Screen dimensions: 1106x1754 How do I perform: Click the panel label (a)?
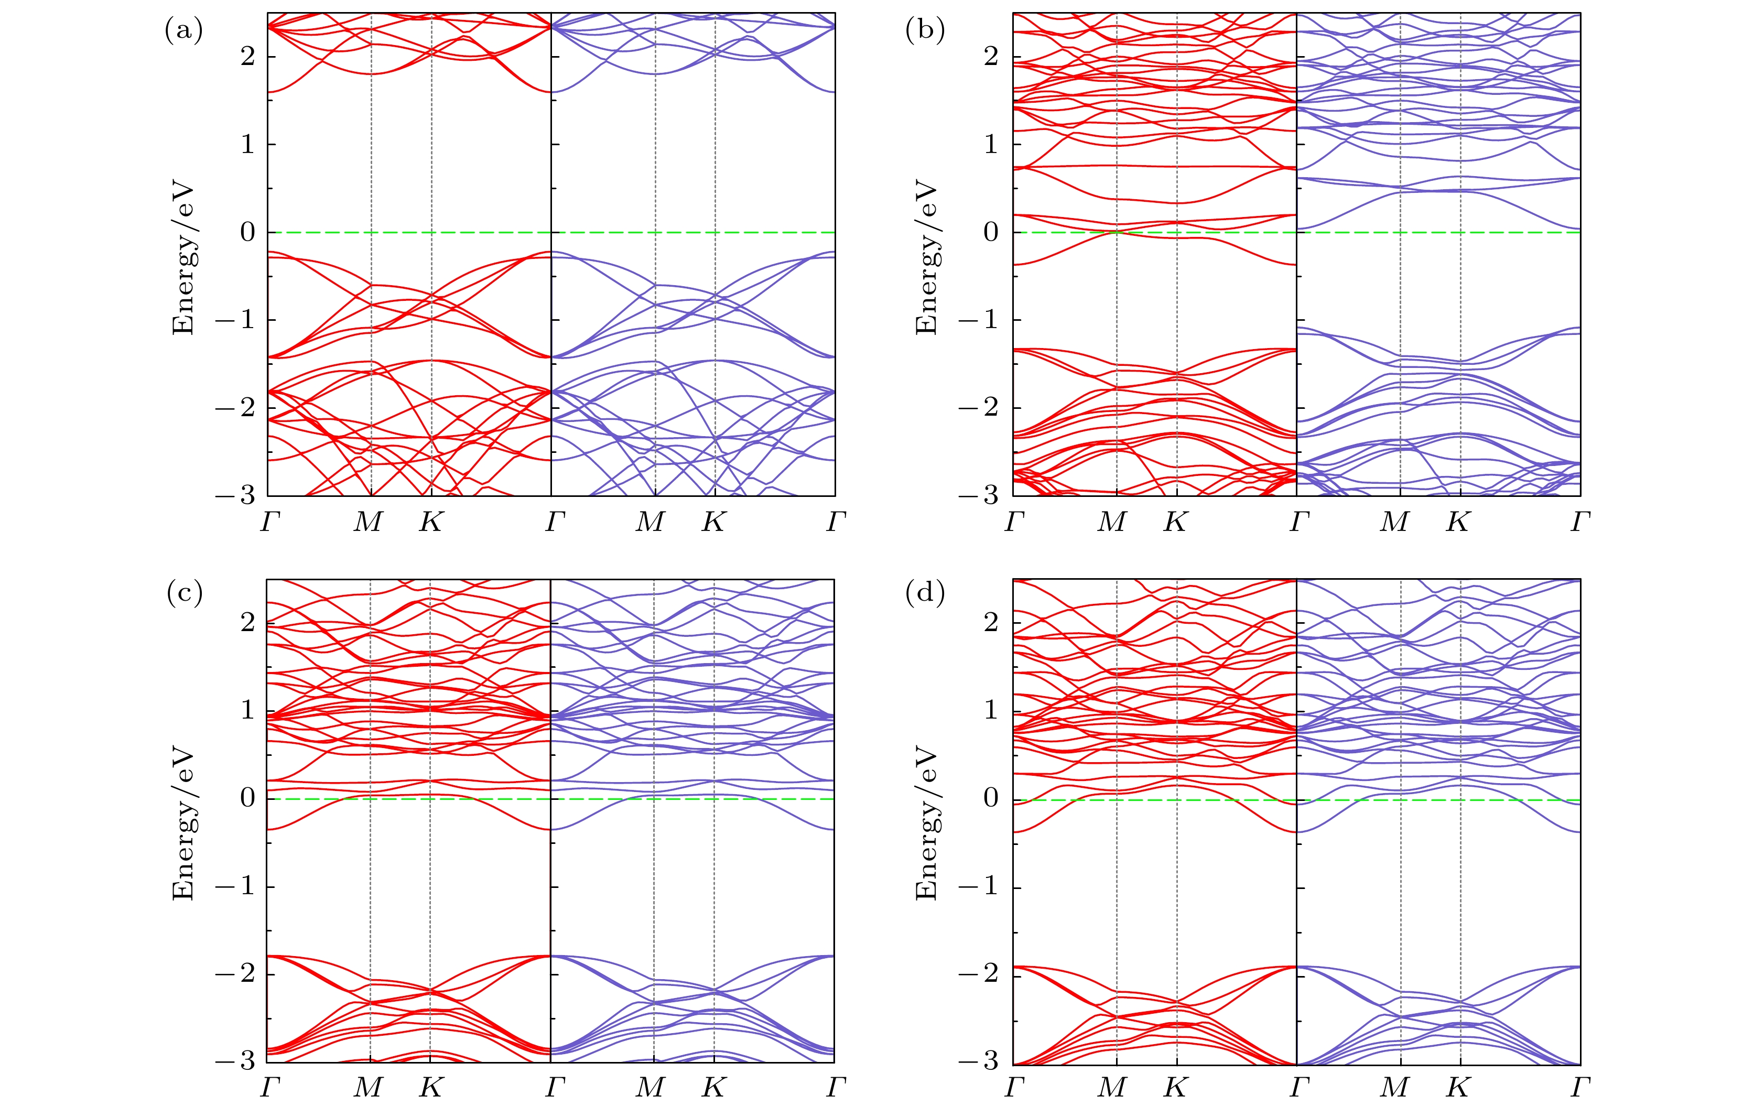[183, 31]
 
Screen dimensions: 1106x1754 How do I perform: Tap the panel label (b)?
[924, 31]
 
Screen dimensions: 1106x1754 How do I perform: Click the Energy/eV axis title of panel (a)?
[183, 258]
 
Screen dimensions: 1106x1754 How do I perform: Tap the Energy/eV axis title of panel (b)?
[926, 258]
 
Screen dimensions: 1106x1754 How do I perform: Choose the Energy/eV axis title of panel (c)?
[183, 823]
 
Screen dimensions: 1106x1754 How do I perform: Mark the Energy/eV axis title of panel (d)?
[926, 823]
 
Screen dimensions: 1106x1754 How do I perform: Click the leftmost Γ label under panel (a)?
[269, 522]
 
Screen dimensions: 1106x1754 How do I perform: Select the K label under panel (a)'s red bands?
[430, 522]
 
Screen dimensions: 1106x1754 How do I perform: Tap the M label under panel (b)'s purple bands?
[1395, 522]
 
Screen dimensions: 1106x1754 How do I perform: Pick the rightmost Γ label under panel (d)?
[1580, 1088]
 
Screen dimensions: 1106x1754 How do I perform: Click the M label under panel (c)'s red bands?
[369, 1088]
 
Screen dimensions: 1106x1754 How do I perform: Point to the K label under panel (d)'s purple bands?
[1457, 1088]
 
